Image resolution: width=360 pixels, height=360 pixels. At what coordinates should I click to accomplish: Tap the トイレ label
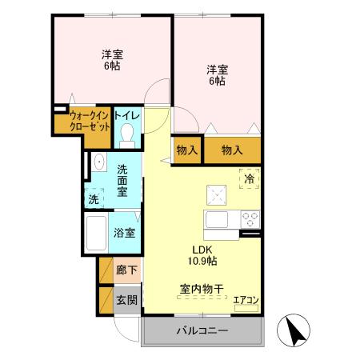[x=126, y=117]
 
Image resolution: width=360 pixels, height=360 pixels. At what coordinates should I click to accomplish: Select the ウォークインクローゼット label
[x=88, y=122]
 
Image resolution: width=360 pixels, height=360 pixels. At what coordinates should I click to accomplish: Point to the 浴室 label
[x=124, y=233]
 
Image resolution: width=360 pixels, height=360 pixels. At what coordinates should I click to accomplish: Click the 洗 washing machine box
[x=94, y=198]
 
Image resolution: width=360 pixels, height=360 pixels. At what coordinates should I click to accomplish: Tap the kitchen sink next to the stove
[x=218, y=219]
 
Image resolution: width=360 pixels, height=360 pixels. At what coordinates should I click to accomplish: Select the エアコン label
[x=246, y=300]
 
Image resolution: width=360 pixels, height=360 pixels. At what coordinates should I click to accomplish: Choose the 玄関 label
[x=126, y=300]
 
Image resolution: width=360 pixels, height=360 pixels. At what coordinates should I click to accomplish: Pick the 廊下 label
[x=126, y=270]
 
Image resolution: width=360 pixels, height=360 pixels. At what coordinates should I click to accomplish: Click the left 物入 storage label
[x=187, y=150]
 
